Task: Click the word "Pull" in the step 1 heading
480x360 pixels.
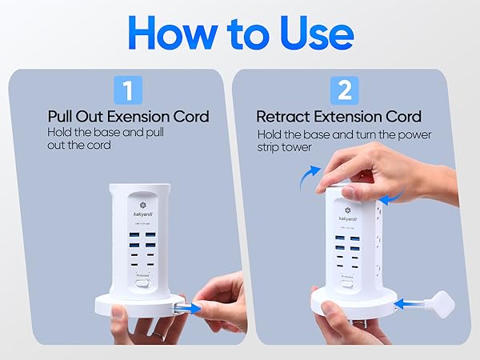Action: pos(62,117)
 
